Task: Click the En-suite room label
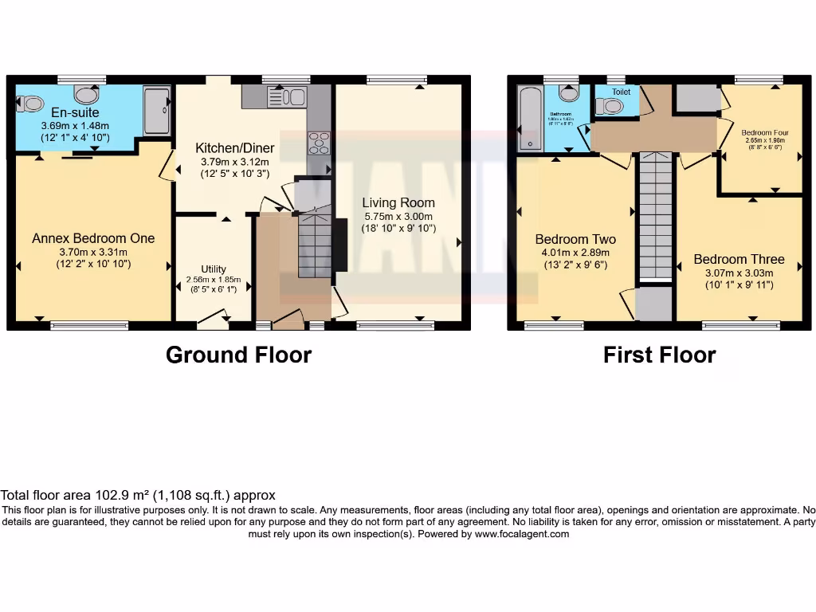75,112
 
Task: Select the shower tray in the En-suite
156,111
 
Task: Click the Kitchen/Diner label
235,147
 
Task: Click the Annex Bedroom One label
93,238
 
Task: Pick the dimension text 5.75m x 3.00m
398,217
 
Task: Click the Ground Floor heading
238,355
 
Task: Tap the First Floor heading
659,355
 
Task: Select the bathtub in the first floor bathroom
528,119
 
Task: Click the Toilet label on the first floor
621,92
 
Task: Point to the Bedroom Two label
575,239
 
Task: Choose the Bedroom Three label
739,259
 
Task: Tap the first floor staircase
656,215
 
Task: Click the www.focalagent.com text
522,534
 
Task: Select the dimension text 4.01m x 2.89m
575,253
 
